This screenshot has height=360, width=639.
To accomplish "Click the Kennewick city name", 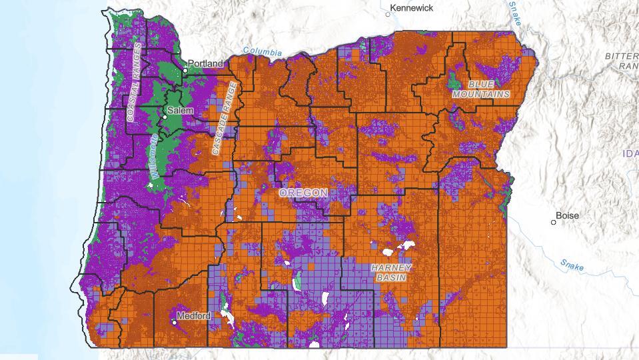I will (412, 8).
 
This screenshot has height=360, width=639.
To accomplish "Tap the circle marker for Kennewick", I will (388, 13).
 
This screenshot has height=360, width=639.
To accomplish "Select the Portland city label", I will (207, 63).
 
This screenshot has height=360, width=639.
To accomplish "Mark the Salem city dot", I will (165, 117).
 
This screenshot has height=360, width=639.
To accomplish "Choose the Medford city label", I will (194, 315).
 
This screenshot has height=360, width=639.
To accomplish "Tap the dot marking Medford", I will (175, 323).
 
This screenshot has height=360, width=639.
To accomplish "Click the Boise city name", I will (567, 215).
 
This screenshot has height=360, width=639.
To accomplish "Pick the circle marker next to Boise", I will (554, 222).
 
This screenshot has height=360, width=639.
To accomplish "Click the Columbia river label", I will (262, 51).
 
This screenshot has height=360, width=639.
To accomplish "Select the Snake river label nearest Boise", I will (572, 265).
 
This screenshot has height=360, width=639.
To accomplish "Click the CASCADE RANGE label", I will (225, 119).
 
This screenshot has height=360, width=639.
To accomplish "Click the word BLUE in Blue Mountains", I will (481, 85).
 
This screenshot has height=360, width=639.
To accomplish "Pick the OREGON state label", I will (303, 193).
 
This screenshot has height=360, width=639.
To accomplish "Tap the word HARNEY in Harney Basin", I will (391, 267).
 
